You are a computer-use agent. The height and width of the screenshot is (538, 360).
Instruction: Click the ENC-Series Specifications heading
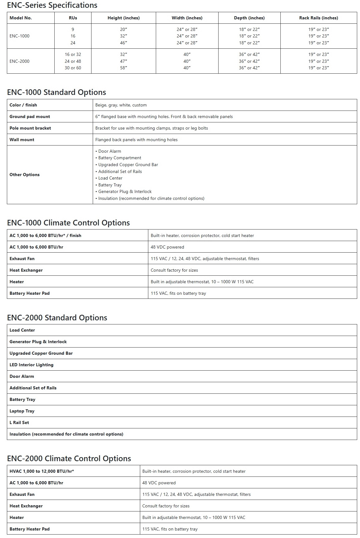52,5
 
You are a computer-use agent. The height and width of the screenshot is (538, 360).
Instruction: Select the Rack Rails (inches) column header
318,18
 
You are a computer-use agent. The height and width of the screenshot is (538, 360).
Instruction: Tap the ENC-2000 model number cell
20,61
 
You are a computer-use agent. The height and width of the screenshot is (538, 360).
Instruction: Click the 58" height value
124,68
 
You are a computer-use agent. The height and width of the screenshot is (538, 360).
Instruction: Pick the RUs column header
73,18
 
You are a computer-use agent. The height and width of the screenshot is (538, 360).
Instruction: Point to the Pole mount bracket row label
30,128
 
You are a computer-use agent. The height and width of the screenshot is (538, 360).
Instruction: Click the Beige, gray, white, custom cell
121,105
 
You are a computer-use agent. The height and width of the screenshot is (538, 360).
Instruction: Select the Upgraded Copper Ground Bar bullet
128,165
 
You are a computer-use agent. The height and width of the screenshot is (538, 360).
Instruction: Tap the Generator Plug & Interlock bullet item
125,191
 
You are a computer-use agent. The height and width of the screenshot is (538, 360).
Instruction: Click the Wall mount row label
22,140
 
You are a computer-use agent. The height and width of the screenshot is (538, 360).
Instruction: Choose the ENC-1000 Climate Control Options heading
68,223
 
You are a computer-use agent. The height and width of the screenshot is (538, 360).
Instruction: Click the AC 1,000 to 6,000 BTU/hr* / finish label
45,235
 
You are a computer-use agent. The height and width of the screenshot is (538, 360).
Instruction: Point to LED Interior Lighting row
32,365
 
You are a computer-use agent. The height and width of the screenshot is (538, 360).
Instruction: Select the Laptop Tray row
22,411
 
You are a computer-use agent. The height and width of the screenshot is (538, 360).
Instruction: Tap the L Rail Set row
19,422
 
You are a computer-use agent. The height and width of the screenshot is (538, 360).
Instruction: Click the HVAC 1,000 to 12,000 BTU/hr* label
42,471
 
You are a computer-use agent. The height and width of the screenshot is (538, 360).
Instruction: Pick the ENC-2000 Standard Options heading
57,318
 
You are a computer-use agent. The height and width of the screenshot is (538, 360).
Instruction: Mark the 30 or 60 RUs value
73,68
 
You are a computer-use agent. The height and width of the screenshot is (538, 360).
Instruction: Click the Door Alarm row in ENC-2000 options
22,376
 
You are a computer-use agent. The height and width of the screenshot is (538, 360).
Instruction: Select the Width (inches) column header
187,18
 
